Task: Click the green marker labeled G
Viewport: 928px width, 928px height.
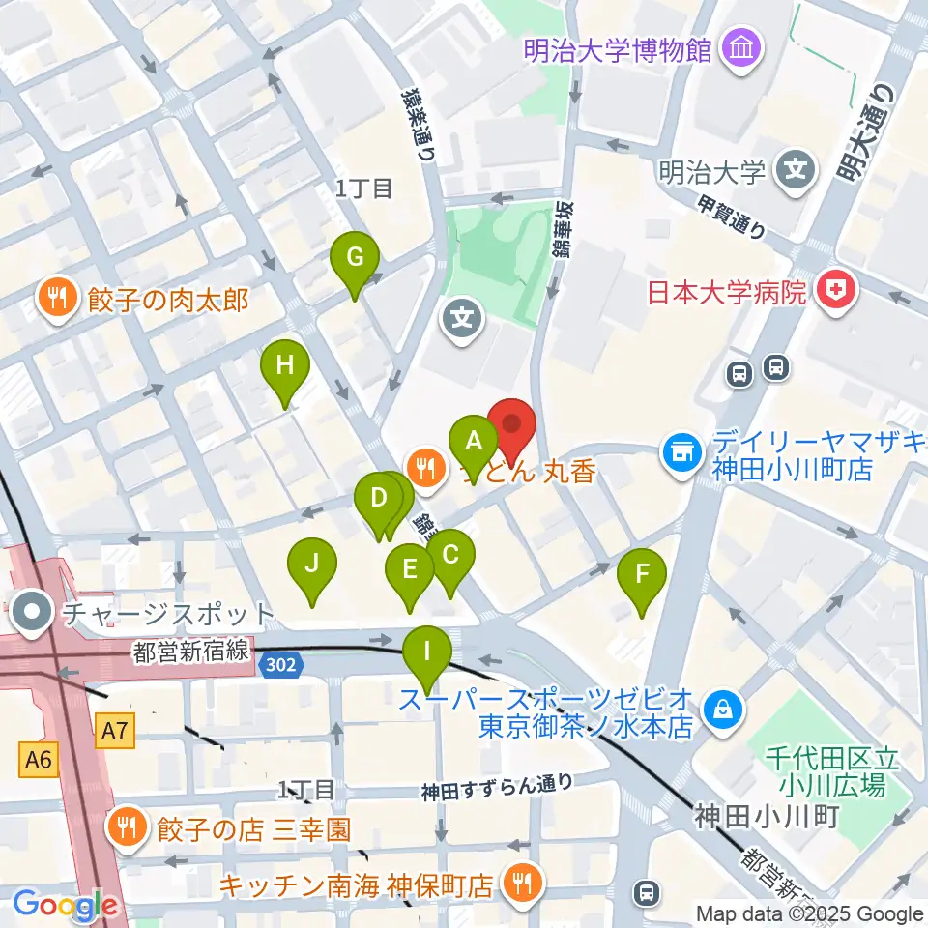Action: pyautogui.click(x=355, y=259)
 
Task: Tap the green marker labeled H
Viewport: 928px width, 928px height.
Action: pyautogui.click(x=284, y=366)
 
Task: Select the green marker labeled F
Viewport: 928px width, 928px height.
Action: pyautogui.click(x=642, y=574)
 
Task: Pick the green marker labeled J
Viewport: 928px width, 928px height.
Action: pyautogui.click(x=311, y=563)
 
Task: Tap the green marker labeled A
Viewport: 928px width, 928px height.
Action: pyautogui.click(x=474, y=442)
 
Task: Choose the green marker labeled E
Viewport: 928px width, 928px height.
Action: pyautogui.click(x=409, y=569)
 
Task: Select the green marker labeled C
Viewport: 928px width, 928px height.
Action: pyautogui.click(x=450, y=556)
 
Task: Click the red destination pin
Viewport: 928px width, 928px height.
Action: pyautogui.click(x=511, y=426)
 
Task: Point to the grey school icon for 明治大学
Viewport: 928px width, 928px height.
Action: pyautogui.click(x=796, y=171)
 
